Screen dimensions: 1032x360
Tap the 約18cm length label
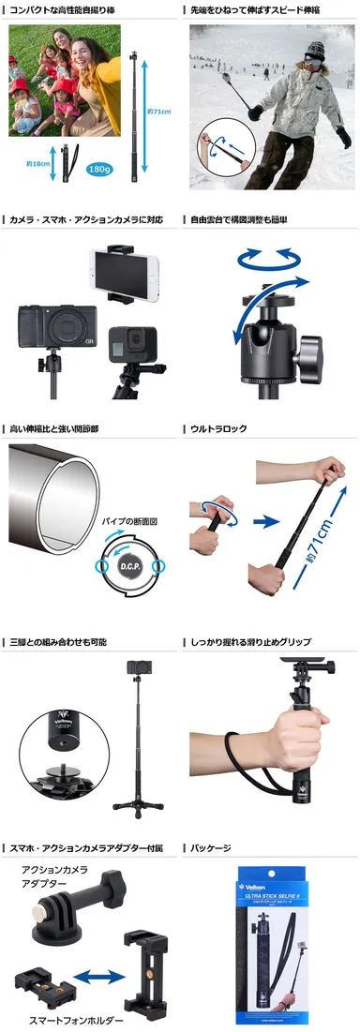click(x=37, y=164)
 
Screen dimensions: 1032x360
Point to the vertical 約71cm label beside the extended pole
click(x=159, y=112)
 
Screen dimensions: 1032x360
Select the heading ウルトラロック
click(x=219, y=428)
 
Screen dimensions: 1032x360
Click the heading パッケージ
click(x=210, y=848)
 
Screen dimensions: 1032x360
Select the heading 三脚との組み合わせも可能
click(x=57, y=642)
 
